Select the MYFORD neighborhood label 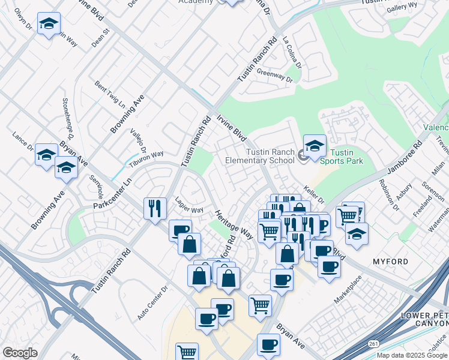click(390, 262)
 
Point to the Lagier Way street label click(189, 209)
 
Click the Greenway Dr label click(274, 75)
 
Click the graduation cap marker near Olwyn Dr click(49, 24)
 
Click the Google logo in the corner click(20, 352)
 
